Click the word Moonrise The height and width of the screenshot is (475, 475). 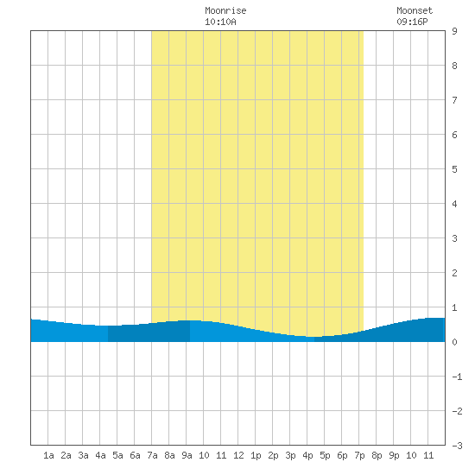pos(225,10)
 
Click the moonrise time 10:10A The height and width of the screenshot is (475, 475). pos(220,22)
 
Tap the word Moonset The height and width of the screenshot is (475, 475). pos(415,10)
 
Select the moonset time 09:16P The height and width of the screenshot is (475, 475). pos(412,22)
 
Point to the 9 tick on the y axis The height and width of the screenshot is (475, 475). pos(454,31)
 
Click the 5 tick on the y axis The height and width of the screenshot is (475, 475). pos(454,169)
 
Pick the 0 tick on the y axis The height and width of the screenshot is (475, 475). pos(454,342)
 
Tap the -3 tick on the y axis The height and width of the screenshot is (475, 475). pos(457,446)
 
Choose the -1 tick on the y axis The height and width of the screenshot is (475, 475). pos(457,377)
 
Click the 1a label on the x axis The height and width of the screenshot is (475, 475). pos(48,455)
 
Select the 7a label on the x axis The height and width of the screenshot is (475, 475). pos(152,455)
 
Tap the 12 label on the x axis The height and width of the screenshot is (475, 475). pos(238,455)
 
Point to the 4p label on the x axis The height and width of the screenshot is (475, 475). pos(307,455)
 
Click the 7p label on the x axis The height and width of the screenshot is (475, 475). pos(359,455)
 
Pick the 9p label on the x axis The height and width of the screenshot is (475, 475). pos(394,455)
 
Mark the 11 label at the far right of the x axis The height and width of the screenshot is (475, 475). pos(428,455)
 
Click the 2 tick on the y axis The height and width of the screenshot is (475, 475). pos(454,273)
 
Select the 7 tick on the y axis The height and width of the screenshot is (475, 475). pos(454,100)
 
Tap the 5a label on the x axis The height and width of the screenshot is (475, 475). pos(117,455)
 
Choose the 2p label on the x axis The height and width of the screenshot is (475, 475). pos(273,455)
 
